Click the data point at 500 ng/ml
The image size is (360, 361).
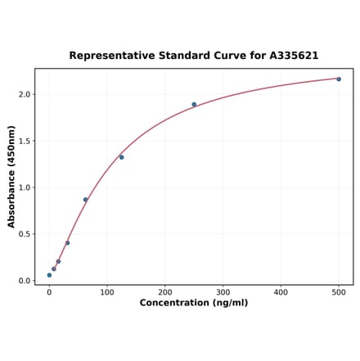339,79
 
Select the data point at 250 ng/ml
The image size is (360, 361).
194,104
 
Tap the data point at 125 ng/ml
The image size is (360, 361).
121,156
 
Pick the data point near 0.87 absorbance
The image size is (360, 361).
85,199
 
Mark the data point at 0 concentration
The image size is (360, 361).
49,275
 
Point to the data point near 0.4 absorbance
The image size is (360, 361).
67,242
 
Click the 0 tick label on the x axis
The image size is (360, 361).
49,291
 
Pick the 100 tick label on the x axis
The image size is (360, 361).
107,291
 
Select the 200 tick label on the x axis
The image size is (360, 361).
165,291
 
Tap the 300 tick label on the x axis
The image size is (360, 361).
223,291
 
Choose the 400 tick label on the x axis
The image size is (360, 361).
281,291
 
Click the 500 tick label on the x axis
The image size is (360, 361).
339,291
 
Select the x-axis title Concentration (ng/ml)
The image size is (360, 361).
194,303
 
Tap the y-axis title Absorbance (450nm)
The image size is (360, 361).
11,177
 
